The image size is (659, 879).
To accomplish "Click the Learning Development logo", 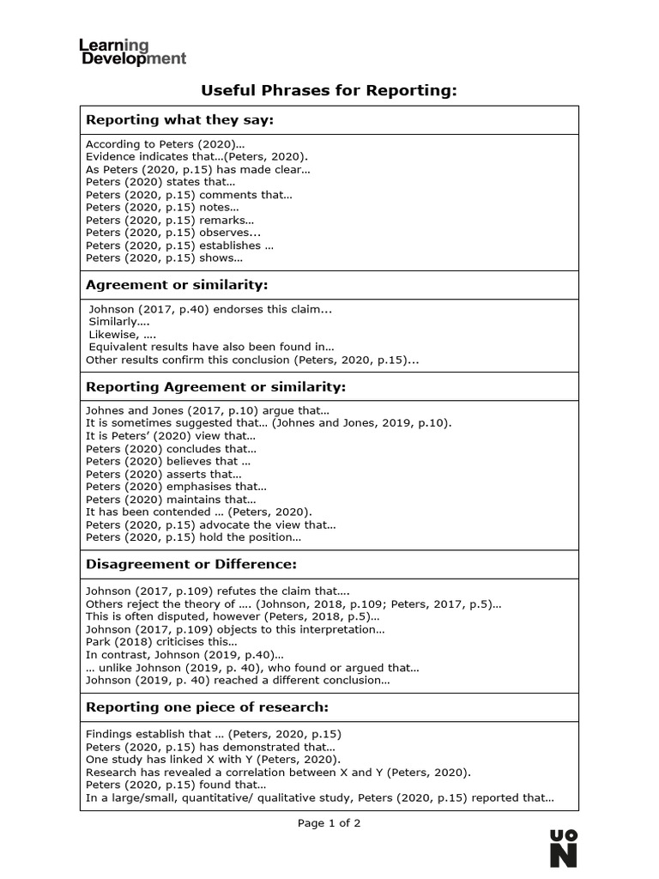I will (132, 52).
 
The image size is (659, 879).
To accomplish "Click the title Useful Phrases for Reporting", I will (329, 90).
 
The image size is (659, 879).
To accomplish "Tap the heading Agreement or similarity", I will (177, 284).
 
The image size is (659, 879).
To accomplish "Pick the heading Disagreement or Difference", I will (190, 564).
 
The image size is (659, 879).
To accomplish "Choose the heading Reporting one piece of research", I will (207, 707).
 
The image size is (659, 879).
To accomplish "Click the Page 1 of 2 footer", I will (329, 823).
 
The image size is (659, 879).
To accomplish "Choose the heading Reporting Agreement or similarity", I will (215, 387).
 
